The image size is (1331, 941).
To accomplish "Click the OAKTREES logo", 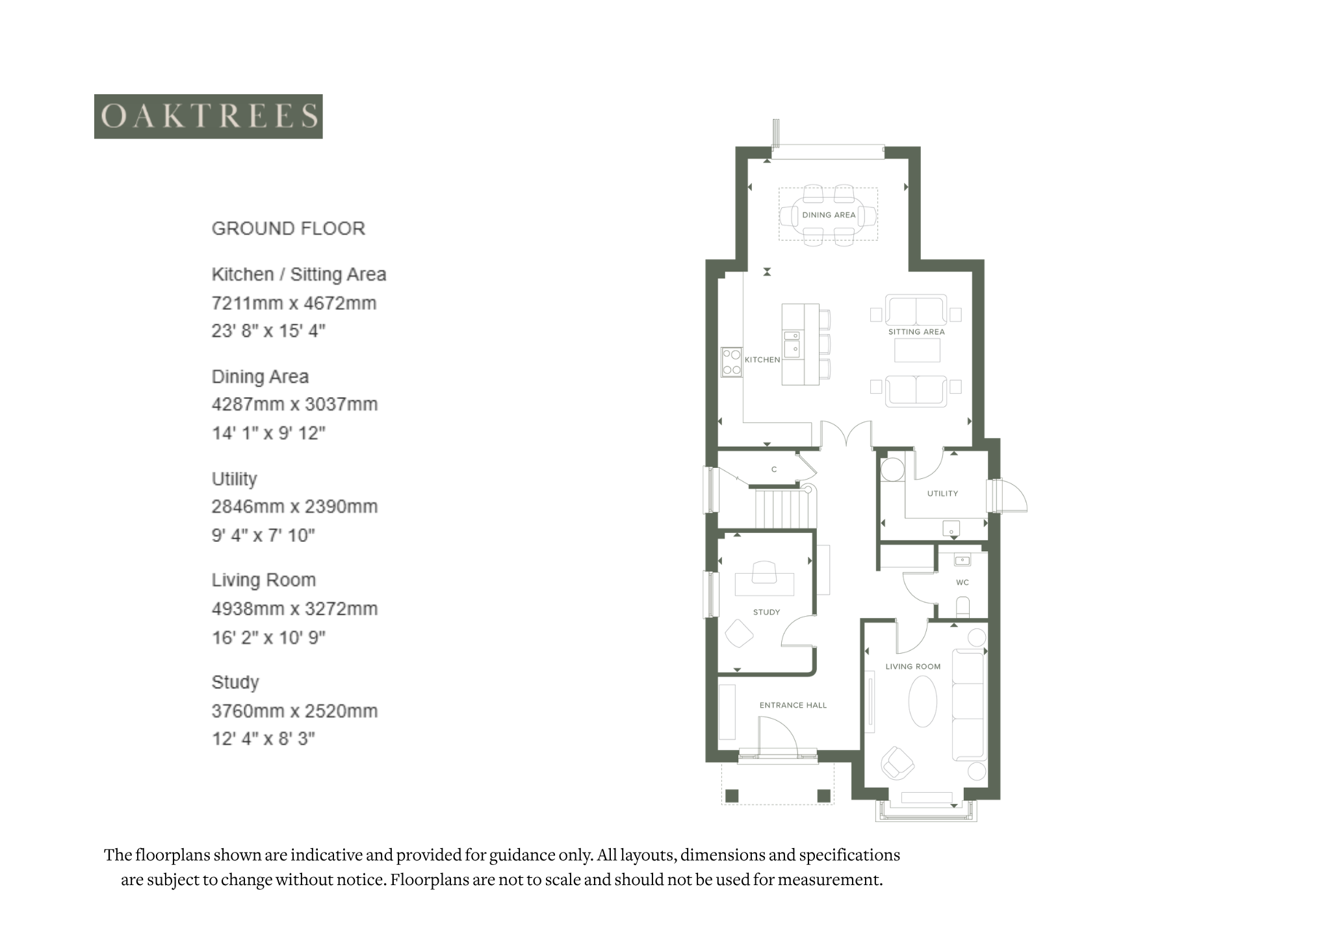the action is (208, 116).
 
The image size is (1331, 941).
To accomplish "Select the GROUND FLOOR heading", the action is (289, 229).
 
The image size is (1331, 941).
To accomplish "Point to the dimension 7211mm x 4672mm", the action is (294, 303).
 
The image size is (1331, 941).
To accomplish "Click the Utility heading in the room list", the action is (235, 480).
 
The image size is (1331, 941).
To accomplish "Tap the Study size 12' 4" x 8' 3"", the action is (263, 739).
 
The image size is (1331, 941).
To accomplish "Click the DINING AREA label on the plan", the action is (829, 215).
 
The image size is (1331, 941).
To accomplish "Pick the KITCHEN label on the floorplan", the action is (762, 359).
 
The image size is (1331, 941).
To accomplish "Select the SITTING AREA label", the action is (916, 332).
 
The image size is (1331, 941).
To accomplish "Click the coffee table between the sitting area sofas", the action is (916, 351).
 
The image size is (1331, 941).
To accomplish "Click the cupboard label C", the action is (773, 469).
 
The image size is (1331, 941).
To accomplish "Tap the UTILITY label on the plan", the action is (942, 494).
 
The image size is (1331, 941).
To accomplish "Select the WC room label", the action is (963, 582).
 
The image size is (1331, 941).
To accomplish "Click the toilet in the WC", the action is (963, 607).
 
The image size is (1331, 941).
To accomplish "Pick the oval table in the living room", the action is (923, 702).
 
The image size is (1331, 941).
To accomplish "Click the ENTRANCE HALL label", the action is (793, 705).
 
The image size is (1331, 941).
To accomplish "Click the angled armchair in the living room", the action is (898, 763).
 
